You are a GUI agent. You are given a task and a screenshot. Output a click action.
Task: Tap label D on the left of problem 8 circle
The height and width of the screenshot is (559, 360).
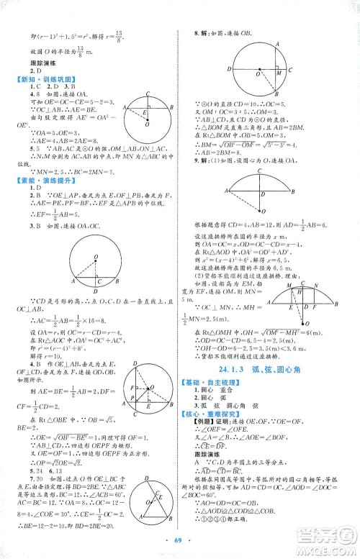[x=228, y=69]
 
